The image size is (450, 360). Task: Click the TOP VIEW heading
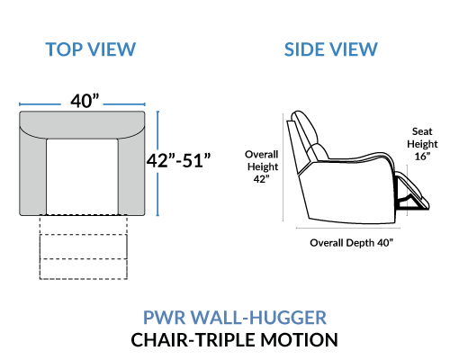[91, 49]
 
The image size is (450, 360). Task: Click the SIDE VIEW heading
[330, 49]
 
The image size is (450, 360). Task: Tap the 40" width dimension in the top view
[85, 101]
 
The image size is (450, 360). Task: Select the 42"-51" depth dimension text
[179, 160]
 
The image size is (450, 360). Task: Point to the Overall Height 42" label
[262, 166]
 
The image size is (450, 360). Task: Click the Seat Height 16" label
[422, 144]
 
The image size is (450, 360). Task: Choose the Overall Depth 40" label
[351, 242]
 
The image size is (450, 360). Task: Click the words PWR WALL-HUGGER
[235, 318]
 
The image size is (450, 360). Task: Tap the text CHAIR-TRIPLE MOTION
[235, 340]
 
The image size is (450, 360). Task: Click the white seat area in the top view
[82, 176]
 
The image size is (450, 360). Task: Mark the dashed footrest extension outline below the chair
[84, 247]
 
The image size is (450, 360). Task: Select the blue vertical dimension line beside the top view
[157, 163]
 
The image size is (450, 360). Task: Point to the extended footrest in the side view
[414, 192]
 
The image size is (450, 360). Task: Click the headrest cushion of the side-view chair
[306, 128]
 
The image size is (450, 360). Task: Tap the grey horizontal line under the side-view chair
[348, 228]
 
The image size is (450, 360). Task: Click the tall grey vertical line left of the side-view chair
[283, 167]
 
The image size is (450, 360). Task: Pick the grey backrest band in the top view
[82, 125]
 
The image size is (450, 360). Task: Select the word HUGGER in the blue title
[288, 318]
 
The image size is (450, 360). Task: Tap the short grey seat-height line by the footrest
[407, 190]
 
